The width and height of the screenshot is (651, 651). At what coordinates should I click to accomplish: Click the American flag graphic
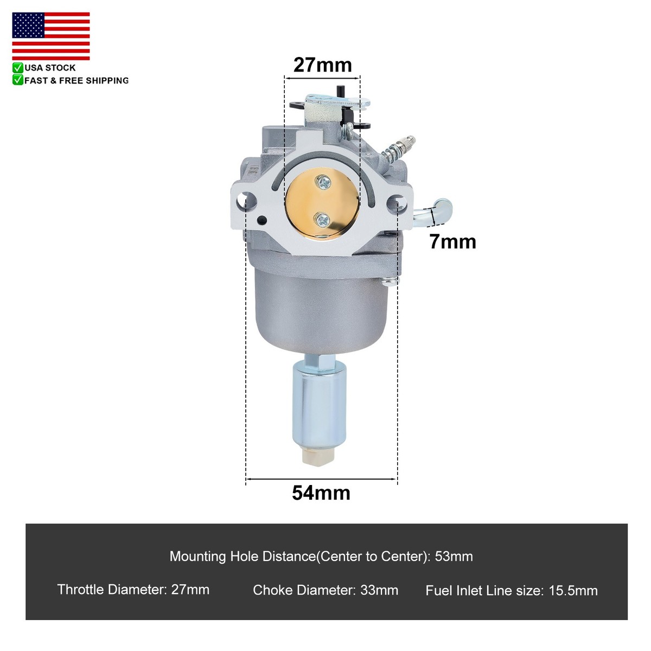(x=50, y=36)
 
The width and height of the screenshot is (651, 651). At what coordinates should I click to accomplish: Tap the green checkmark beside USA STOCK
(x=18, y=68)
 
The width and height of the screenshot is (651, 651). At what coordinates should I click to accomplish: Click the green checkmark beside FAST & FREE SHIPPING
(x=18, y=80)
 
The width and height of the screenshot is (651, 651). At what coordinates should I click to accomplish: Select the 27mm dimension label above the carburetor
(x=323, y=65)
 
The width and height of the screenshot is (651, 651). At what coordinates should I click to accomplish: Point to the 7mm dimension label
(x=452, y=241)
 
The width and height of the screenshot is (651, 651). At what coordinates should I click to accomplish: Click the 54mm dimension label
(x=321, y=493)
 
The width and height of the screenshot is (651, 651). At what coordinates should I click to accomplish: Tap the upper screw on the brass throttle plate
(x=323, y=183)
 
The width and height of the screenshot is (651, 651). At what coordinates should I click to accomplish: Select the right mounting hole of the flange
(x=397, y=203)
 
